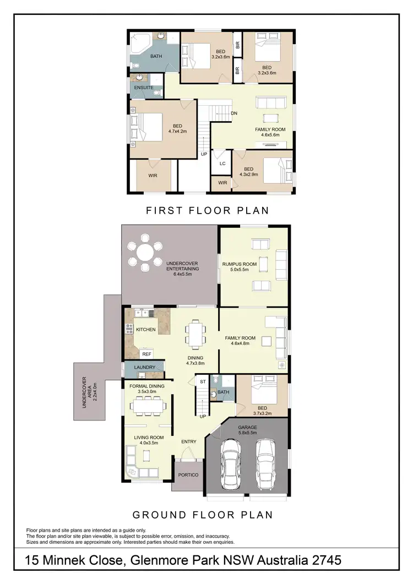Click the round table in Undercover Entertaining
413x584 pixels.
click(x=145, y=254)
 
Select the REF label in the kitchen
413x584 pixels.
click(x=146, y=354)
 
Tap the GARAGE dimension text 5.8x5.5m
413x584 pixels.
click(x=247, y=434)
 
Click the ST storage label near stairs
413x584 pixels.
click(x=203, y=381)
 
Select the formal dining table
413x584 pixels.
click(x=148, y=406)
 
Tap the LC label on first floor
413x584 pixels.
click(x=222, y=163)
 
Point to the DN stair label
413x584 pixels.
click(x=234, y=113)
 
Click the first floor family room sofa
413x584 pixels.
click(x=271, y=102)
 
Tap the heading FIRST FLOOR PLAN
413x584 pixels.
click(x=206, y=210)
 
